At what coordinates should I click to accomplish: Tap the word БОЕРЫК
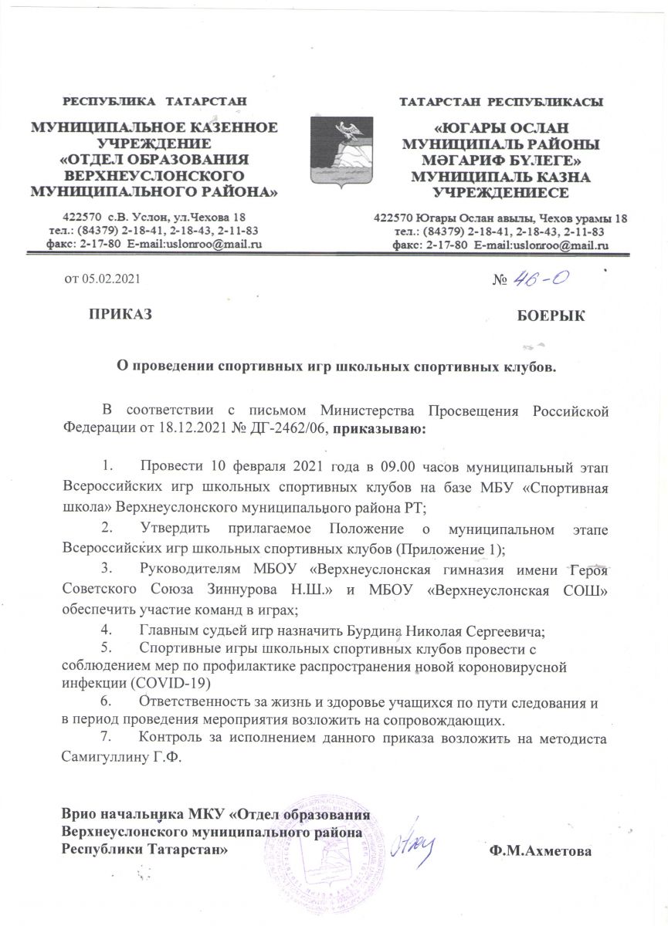[x=551, y=315]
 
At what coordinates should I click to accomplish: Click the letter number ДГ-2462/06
[x=294, y=429]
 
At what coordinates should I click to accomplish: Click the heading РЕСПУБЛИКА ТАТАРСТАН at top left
[x=154, y=101]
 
